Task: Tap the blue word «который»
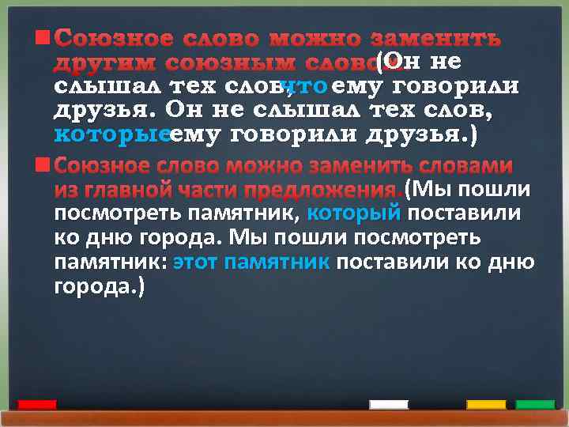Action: coord(353,213)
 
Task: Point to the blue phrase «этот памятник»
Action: coord(251,261)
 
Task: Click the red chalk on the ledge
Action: coord(37,405)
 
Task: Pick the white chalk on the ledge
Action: coord(389,405)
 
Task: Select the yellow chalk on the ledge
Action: coord(486,405)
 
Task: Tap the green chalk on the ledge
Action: coord(535,405)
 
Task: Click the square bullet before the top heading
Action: coord(43,37)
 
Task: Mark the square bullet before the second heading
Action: coord(43,165)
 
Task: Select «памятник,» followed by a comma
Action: coord(252,213)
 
